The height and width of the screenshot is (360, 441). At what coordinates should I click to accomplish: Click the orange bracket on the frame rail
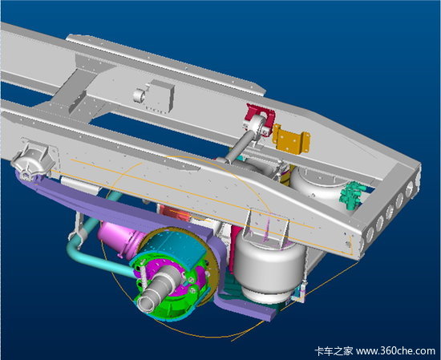click(x=291, y=139)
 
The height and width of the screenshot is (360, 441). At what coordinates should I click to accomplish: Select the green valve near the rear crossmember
click(x=353, y=195)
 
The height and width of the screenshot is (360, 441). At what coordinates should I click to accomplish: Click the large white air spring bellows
click(x=269, y=265)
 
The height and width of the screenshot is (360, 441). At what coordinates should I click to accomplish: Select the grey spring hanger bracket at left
click(x=33, y=162)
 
